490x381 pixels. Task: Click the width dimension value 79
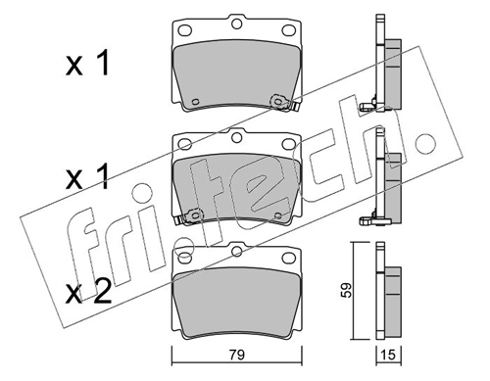236,355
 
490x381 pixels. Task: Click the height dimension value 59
347,290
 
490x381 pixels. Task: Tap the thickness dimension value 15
389,355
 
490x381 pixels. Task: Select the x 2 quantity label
88,292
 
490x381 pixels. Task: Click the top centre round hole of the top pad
236,24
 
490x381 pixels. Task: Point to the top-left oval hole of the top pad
184,30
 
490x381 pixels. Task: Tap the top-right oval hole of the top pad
288,30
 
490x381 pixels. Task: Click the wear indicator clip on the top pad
283,103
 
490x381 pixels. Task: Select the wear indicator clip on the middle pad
189,217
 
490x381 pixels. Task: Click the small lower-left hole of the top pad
195,101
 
